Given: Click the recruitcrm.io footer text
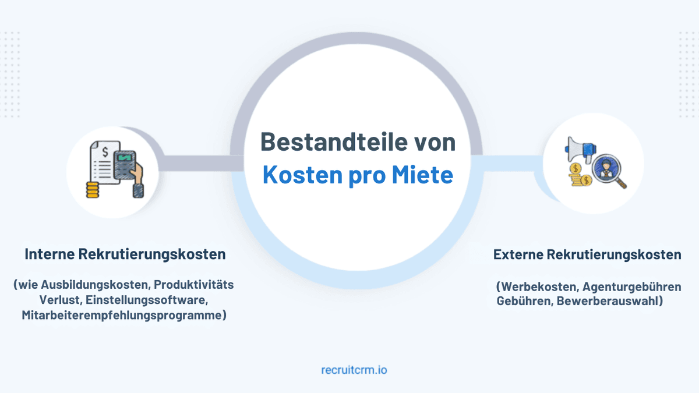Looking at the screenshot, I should (x=354, y=369).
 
